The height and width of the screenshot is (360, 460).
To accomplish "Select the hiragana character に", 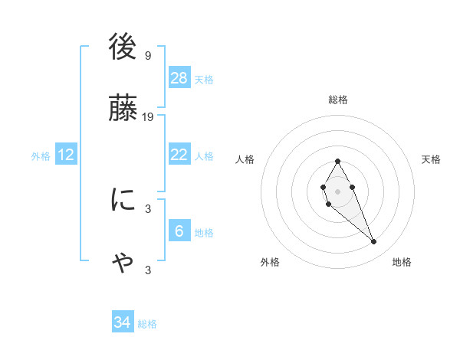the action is click(x=123, y=201).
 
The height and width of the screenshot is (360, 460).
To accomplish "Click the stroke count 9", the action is click(x=147, y=55).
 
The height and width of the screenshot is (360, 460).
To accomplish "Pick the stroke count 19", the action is click(x=148, y=116).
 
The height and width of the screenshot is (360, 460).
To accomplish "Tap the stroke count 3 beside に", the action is click(x=147, y=208).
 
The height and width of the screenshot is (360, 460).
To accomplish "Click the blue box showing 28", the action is click(x=179, y=77).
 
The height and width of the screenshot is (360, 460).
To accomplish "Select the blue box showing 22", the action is click(x=179, y=155).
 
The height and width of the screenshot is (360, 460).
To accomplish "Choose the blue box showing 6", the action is click(x=179, y=231).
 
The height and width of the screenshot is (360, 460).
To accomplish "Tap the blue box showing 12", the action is click(x=66, y=155).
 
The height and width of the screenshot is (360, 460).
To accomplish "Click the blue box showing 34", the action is click(x=122, y=322).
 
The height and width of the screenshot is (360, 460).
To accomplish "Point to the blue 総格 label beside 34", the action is click(x=147, y=324).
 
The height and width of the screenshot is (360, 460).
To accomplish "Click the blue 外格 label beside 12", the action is click(x=41, y=156).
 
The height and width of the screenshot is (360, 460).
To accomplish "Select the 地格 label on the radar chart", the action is click(x=402, y=262).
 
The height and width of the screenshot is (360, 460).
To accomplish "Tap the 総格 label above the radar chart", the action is click(x=338, y=100).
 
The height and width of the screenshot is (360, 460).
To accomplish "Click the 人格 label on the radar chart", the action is click(x=245, y=159).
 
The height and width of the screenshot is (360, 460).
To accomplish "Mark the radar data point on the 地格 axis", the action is click(x=374, y=242).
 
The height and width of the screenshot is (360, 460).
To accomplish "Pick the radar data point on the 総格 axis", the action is click(x=337, y=161).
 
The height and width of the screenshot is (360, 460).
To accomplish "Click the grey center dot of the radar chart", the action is click(x=337, y=190).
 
